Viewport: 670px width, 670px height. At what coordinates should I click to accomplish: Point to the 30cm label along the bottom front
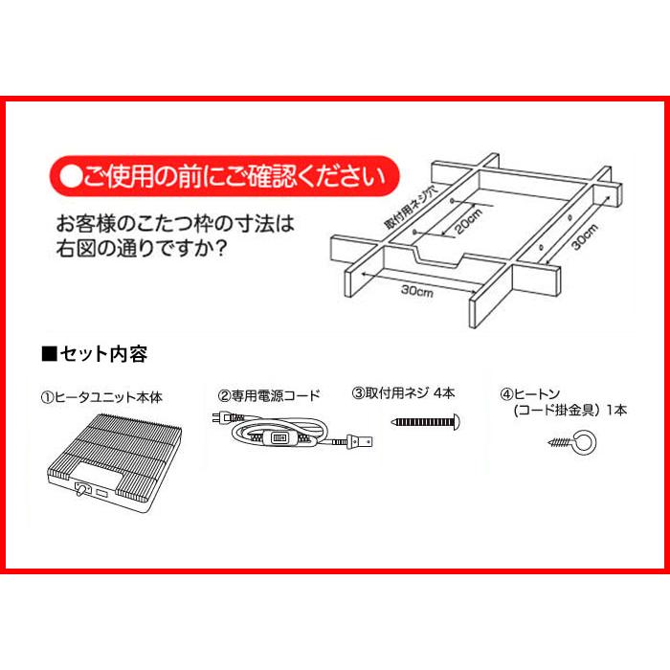point(416,292)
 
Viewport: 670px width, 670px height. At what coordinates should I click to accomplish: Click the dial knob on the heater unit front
point(81,493)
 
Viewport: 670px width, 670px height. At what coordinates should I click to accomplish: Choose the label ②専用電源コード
point(269,393)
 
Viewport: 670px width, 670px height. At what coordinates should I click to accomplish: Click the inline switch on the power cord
point(280,436)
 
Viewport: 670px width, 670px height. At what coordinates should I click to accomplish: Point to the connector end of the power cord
point(362,442)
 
